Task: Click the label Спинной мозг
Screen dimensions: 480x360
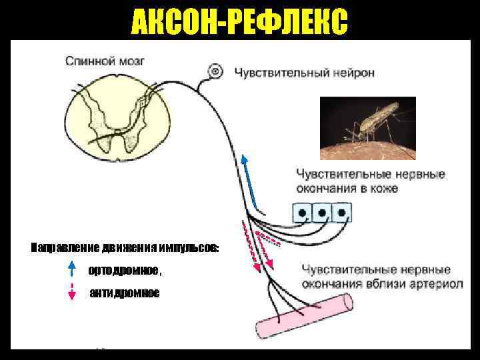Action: tap(105, 61)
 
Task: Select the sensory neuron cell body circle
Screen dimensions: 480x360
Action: tap(215, 71)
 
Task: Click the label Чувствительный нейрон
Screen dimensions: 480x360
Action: tap(303, 71)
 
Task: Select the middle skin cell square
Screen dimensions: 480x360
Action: tap(322, 213)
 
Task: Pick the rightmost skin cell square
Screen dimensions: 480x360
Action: tap(341, 213)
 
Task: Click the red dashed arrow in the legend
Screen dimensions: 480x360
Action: tap(72, 293)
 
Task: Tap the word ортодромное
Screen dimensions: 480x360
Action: tap(123, 270)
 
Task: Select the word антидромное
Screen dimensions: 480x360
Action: tap(125, 293)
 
